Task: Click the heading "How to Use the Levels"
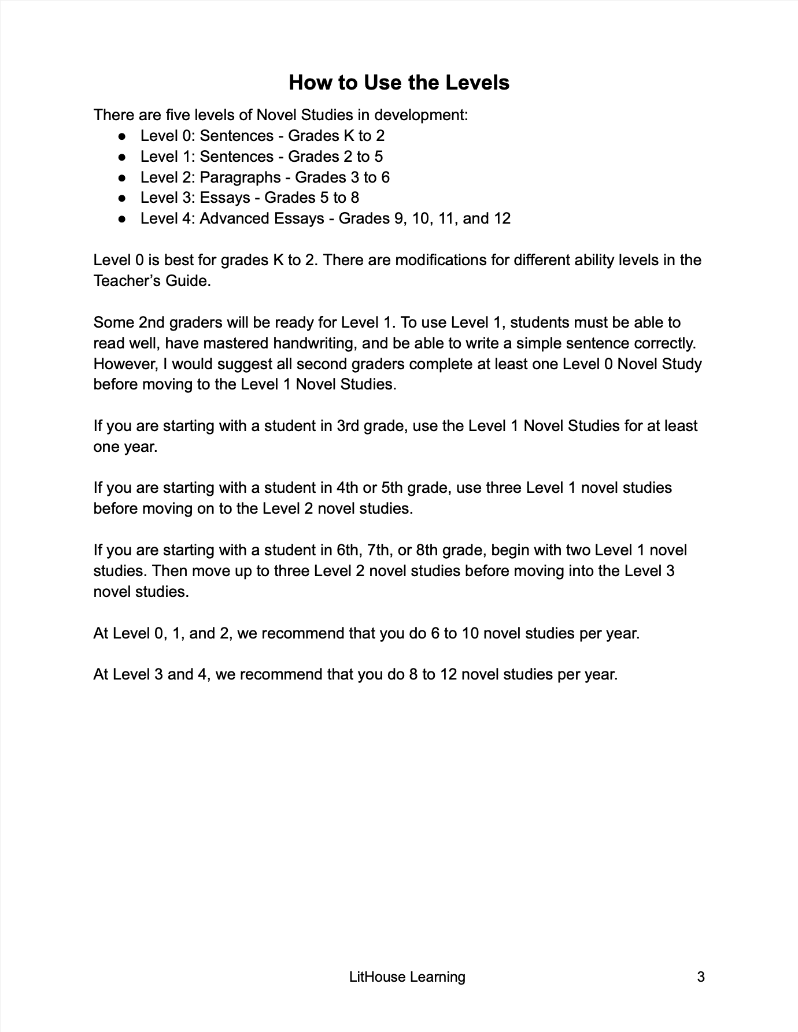pyautogui.click(x=399, y=83)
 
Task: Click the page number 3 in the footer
pyautogui.click(x=701, y=977)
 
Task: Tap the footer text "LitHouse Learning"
pyautogui.click(x=407, y=977)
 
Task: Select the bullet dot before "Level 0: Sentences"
pyautogui.click(x=122, y=136)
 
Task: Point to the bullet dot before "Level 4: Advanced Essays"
pyautogui.click(x=122, y=219)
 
